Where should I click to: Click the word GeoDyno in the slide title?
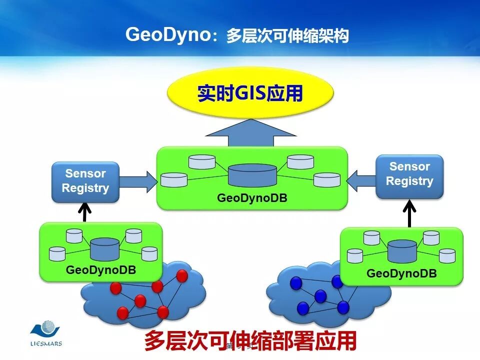(x=166, y=35)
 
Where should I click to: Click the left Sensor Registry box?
(x=85, y=181)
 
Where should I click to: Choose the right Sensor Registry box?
(x=409, y=174)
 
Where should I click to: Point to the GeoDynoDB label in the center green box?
(x=252, y=198)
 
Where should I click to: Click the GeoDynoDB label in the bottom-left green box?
(x=101, y=270)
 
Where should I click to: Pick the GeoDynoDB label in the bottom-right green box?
(x=401, y=273)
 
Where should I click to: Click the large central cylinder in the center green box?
(x=252, y=175)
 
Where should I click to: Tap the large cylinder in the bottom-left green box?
(x=104, y=248)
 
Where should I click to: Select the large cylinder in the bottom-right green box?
(x=402, y=251)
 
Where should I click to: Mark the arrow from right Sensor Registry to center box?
(x=361, y=180)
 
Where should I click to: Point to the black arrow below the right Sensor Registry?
(x=409, y=213)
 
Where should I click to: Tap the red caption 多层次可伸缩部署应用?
(x=250, y=341)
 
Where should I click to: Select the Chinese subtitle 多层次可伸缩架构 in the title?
(x=287, y=36)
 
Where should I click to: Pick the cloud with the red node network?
(x=145, y=297)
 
